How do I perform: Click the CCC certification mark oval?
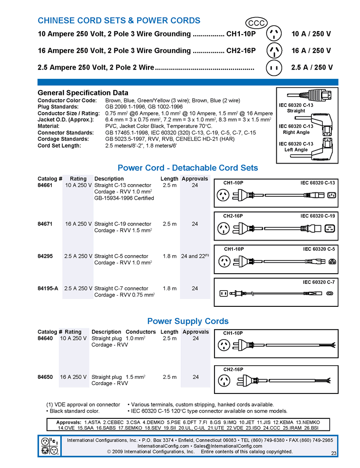[x=255, y=23]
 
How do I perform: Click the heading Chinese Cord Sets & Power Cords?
[x=119, y=20]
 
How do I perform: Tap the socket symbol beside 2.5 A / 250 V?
[x=274, y=68]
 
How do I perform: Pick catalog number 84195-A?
[x=48, y=288]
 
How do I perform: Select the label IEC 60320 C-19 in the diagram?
[x=318, y=216]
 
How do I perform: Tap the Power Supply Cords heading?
[x=188, y=321]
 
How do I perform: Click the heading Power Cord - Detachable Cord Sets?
[x=188, y=168]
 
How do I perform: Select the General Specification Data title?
[x=83, y=93]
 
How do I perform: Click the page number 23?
[x=334, y=453]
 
